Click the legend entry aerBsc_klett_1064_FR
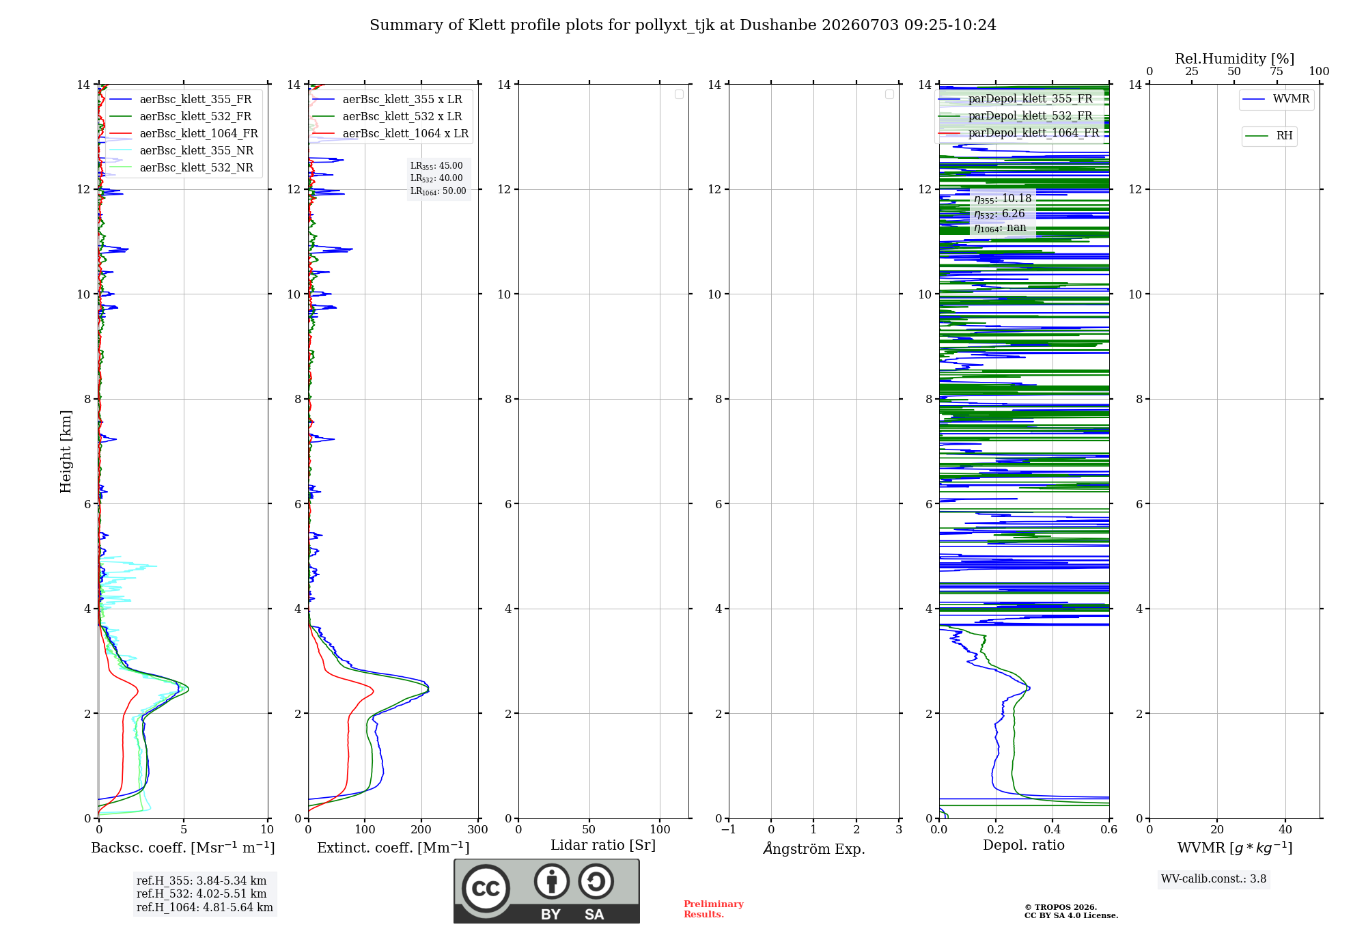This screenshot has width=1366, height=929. pyautogui.click(x=184, y=134)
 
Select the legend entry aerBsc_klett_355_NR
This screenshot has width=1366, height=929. pyautogui.click(x=182, y=151)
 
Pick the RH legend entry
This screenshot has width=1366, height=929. pyautogui.click(x=1270, y=136)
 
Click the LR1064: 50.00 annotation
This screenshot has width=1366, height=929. pyautogui.click(x=438, y=191)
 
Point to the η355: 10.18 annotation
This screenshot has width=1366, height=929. pyautogui.click(x=1003, y=199)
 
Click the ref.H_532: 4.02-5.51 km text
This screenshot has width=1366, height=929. pyautogui.click(x=201, y=894)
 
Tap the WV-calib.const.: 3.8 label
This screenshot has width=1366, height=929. pyautogui.click(x=1214, y=879)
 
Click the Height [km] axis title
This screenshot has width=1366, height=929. pyautogui.click(x=66, y=452)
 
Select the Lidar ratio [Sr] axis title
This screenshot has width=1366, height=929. pyautogui.click(x=603, y=846)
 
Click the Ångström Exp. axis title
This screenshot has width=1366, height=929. pyautogui.click(x=814, y=848)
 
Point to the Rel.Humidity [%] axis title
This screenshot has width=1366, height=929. pyautogui.click(x=1235, y=59)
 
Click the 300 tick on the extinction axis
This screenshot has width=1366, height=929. pyautogui.click(x=478, y=830)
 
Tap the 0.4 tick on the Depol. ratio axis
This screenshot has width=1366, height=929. pyautogui.click(x=1053, y=830)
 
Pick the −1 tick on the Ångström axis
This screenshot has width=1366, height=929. pyautogui.click(x=729, y=830)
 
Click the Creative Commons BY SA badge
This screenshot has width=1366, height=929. pyautogui.click(x=546, y=891)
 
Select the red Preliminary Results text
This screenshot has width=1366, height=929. pyautogui.click(x=714, y=909)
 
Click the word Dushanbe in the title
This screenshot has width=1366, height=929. pyautogui.click(x=778, y=25)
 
